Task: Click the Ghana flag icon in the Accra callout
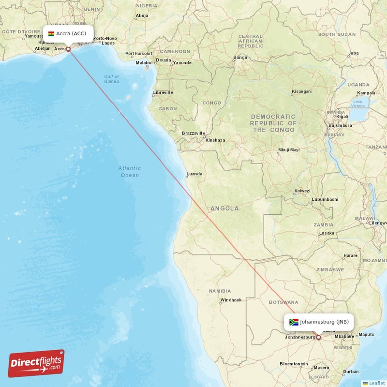click(51, 34)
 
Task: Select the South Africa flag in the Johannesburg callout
click(294, 322)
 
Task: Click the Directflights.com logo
click(36, 363)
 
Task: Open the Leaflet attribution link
click(376, 383)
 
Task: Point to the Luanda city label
click(194, 174)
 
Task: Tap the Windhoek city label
click(231, 300)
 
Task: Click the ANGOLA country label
click(224, 208)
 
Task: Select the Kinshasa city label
click(215, 140)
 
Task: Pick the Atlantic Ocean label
click(130, 171)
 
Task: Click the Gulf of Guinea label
click(111, 79)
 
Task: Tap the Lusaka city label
click(327, 233)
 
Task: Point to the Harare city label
click(350, 255)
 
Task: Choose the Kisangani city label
click(302, 91)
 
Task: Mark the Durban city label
click(350, 372)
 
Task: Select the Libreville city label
click(163, 92)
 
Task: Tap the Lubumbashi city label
click(325, 199)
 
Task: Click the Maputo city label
click(366, 334)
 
